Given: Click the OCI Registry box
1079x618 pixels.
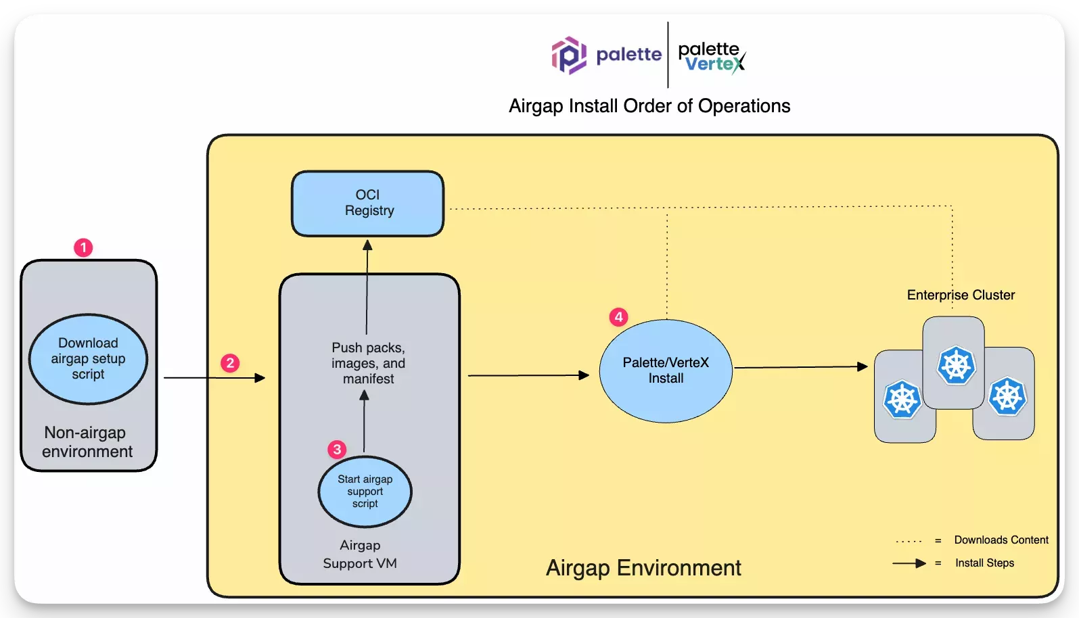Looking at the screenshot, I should [367, 203].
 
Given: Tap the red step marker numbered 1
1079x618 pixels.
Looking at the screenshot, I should [83, 247].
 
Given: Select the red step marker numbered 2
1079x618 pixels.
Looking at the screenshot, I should [230, 363].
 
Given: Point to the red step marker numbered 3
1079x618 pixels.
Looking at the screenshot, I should [337, 450].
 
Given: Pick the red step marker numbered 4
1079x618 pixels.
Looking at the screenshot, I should [618, 317].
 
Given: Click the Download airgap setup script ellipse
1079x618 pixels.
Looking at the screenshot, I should [88, 358].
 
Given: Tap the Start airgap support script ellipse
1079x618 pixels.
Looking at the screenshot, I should [365, 492].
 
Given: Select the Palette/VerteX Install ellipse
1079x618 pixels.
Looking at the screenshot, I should [666, 371].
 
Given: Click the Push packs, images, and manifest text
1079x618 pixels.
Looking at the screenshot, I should [368, 363].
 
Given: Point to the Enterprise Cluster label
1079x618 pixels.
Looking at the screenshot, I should [961, 295].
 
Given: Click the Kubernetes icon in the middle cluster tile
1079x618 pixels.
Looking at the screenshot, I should [956, 365].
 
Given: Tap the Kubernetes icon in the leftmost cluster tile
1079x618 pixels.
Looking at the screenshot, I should [902, 399].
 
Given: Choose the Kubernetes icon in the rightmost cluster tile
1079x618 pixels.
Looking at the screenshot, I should [1007, 396].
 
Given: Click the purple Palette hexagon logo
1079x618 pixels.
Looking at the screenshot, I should [568, 55].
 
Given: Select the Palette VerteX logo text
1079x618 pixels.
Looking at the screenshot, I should [712, 57].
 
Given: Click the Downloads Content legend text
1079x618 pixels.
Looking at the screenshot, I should [1001, 540].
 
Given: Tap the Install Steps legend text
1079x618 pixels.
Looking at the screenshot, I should [984, 563].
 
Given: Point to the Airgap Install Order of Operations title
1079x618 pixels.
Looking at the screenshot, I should [649, 106].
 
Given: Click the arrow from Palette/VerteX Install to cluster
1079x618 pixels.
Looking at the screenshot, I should [801, 367].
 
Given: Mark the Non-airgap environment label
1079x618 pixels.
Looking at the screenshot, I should [87, 442].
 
